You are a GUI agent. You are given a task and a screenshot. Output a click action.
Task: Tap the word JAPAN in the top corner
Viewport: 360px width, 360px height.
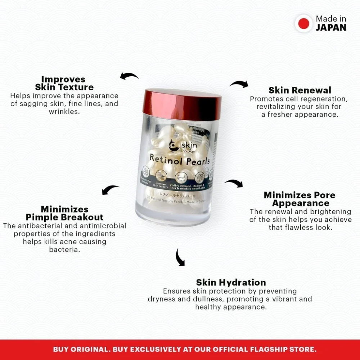point(331,27)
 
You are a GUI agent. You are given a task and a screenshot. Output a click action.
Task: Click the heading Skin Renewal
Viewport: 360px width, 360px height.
point(300,90)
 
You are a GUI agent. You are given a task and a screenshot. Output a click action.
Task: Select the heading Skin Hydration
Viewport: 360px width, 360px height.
point(231,283)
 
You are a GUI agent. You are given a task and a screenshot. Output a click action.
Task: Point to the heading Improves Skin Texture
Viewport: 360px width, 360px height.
point(64,83)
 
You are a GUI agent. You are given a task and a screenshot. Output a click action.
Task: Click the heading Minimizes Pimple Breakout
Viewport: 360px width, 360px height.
point(64,213)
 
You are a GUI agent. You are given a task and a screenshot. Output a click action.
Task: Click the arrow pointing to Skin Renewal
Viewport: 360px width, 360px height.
point(239,84)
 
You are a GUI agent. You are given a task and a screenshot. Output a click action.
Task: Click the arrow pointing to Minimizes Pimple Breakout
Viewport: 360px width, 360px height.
point(110,190)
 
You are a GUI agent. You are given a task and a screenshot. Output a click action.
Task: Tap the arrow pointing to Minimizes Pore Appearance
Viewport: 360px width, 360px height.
point(234,183)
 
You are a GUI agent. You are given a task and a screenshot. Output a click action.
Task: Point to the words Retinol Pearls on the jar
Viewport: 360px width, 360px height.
point(180,159)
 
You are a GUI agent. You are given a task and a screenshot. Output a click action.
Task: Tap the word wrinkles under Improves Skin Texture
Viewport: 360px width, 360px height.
point(64,112)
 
